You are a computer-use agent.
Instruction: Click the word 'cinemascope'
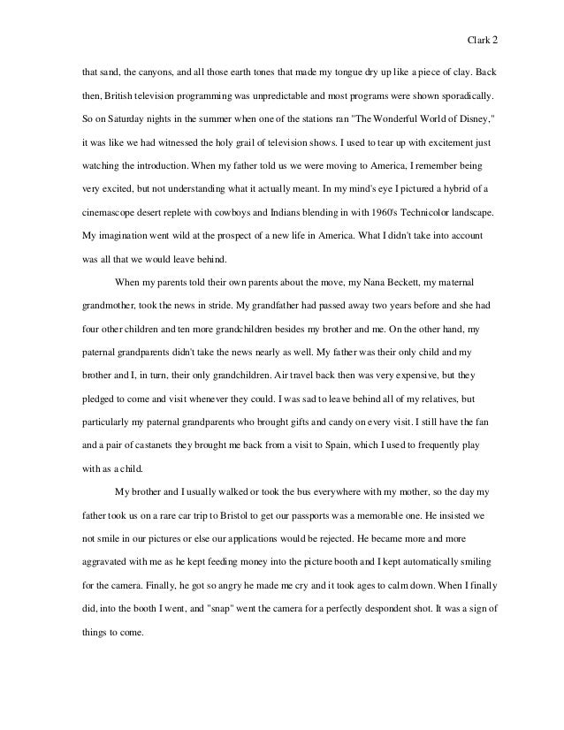101,213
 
